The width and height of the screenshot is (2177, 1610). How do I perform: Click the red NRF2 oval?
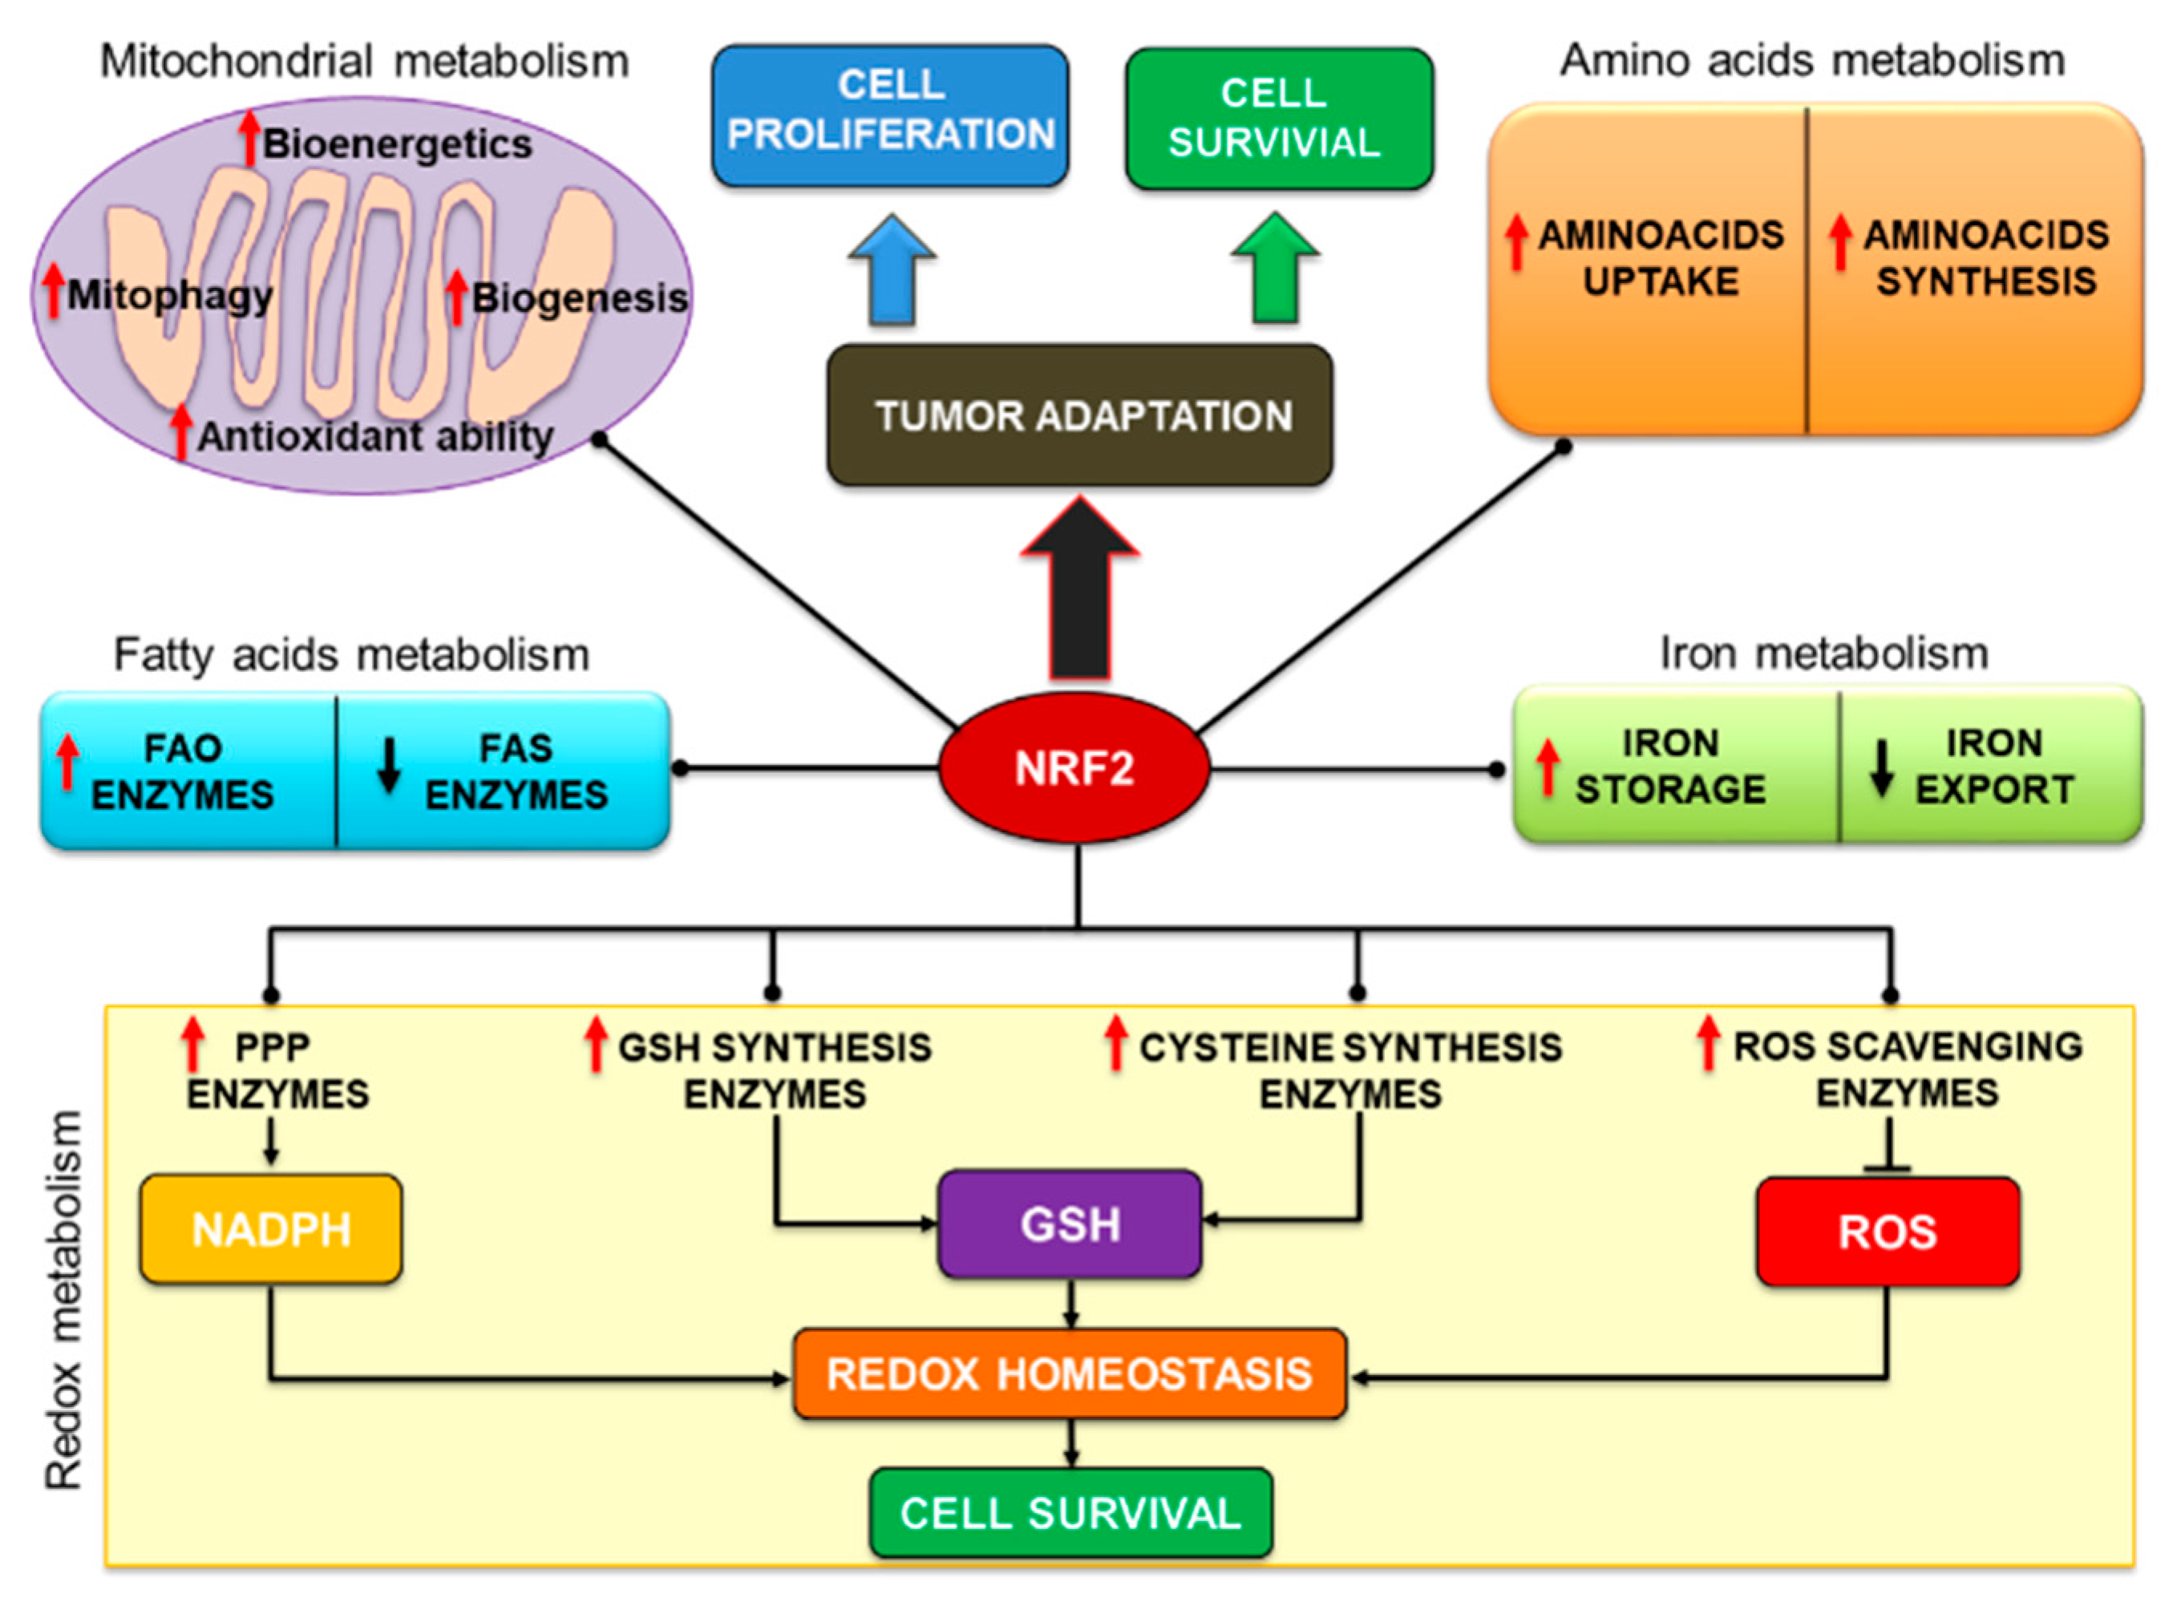click(x=1074, y=768)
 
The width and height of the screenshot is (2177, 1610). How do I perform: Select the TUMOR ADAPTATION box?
click(x=1080, y=415)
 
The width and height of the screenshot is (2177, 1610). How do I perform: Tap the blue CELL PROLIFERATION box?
click(x=890, y=114)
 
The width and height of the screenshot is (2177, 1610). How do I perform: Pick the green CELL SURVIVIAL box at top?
click(x=1277, y=118)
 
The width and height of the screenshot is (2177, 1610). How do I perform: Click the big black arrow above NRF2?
click(x=1080, y=594)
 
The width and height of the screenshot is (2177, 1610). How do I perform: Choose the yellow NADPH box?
click(x=271, y=1229)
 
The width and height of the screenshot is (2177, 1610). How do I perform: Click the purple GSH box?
click(x=1069, y=1224)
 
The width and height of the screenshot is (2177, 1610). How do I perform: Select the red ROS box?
click(x=1887, y=1232)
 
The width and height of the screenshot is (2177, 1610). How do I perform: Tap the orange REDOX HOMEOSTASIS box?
click(x=1069, y=1373)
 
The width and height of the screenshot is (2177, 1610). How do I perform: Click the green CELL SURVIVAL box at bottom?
click(x=1070, y=1512)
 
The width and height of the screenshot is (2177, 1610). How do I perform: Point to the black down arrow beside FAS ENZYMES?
click(x=389, y=766)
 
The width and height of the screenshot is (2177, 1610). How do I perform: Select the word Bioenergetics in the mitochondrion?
click(x=398, y=144)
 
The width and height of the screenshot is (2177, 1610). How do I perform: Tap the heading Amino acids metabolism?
click(x=1811, y=60)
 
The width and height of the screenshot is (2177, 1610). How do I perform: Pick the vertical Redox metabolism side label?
click(x=64, y=1301)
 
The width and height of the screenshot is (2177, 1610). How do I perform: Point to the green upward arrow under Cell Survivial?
click(x=1275, y=271)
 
